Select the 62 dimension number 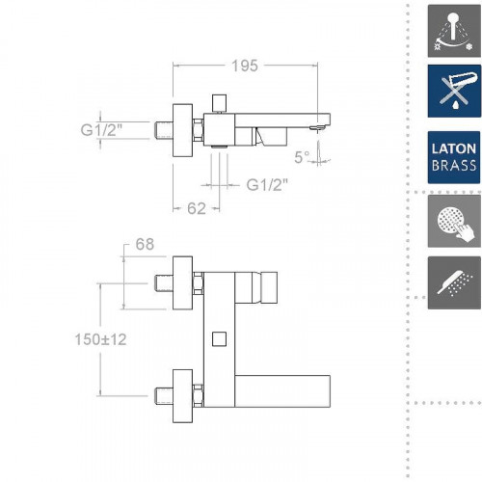click(x=196, y=205)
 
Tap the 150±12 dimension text click(x=100, y=339)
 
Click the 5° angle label click(x=302, y=156)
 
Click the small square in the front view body click(x=218, y=339)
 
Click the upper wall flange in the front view click(x=183, y=283)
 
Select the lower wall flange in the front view click(x=183, y=394)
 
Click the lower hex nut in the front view click(x=199, y=394)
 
